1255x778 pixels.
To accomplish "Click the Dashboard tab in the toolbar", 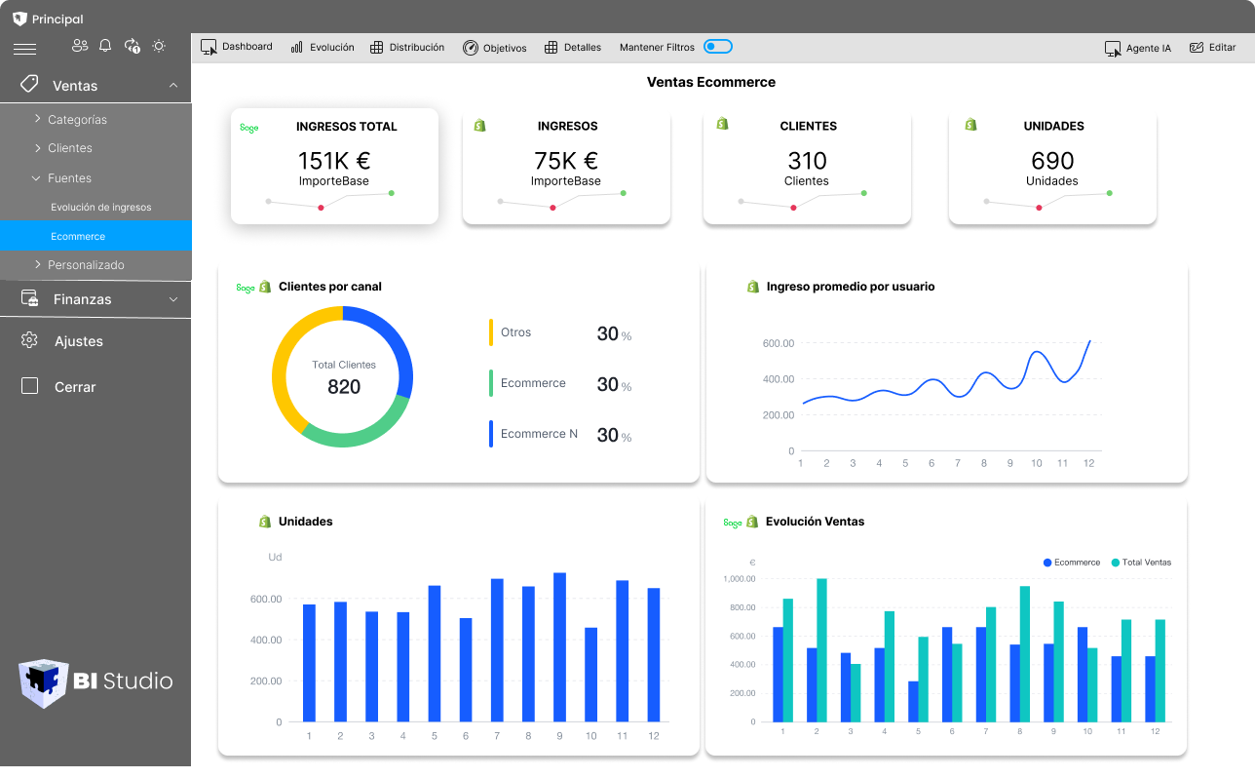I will coord(237,47).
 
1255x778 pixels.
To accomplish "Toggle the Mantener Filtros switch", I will coord(717,47).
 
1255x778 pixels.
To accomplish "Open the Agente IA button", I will coord(1137,48).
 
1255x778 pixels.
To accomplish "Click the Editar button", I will coord(1212,48).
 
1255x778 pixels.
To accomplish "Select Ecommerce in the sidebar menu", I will coord(78,236).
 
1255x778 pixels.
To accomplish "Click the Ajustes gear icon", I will coord(29,340).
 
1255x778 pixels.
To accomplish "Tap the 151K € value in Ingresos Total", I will coord(334,161).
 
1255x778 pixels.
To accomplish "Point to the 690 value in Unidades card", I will coord(1051,161).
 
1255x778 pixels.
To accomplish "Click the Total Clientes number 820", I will coord(344,387).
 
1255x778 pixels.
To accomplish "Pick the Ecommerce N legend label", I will coord(539,434).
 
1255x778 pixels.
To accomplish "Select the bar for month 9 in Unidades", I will coord(559,647).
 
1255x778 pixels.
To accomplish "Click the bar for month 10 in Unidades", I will coord(590,675).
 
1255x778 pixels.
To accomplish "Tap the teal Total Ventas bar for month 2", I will coord(821,651).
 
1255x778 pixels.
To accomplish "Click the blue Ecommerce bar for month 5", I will coord(913,702).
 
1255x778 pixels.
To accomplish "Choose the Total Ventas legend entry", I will coord(1146,563).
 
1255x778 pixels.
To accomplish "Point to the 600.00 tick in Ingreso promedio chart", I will coord(779,343).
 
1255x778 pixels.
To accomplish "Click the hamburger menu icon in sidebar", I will coord(25,49).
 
